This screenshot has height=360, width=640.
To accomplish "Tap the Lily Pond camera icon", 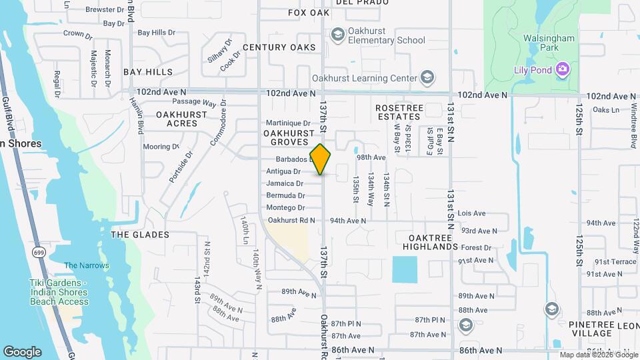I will click(563, 69).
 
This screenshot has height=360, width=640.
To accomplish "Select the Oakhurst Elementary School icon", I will click(338, 34).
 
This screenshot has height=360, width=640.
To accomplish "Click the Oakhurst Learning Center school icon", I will click(427, 77).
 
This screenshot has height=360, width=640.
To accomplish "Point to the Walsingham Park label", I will click(549, 43).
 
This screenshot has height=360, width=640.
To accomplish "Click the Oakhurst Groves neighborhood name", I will click(289, 138).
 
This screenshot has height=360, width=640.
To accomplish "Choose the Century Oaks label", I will click(279, 47).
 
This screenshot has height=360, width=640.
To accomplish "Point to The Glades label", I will click(140, 235).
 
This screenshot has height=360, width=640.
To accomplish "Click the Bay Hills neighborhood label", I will click(148, 71).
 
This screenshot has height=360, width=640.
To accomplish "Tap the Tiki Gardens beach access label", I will click(59, 292).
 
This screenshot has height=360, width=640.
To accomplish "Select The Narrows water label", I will click(87, 265).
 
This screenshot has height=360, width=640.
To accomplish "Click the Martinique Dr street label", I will click(289, 123).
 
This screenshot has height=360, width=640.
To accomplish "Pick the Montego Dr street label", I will click(285, 208).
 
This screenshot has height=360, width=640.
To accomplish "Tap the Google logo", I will click(22, 352).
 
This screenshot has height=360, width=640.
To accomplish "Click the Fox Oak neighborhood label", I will click(309, 13).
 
